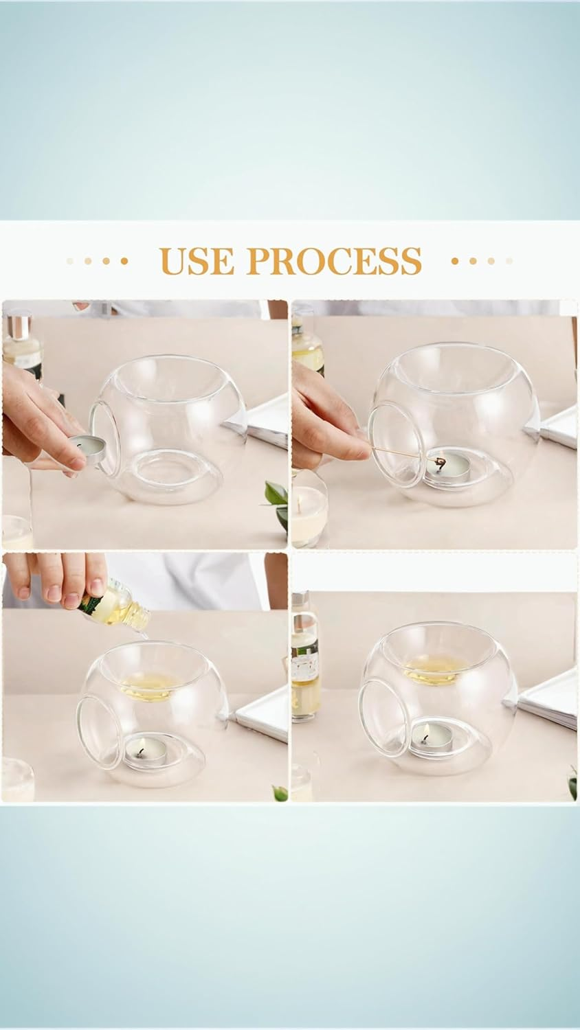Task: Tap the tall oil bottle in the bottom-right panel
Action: (304, 659)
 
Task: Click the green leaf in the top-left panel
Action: (276, 500)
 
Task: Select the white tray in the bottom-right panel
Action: (548, 700)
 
